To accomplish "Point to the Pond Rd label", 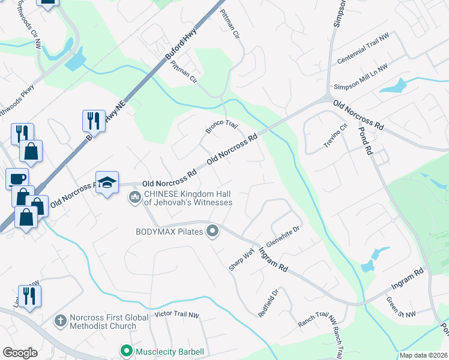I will point(367,139).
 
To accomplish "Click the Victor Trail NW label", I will point(176,314).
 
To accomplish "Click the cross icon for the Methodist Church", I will point(59,321).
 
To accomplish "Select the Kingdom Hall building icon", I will point(135,197).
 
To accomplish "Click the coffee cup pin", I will point(17,178).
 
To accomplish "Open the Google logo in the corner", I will point(20,353).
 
